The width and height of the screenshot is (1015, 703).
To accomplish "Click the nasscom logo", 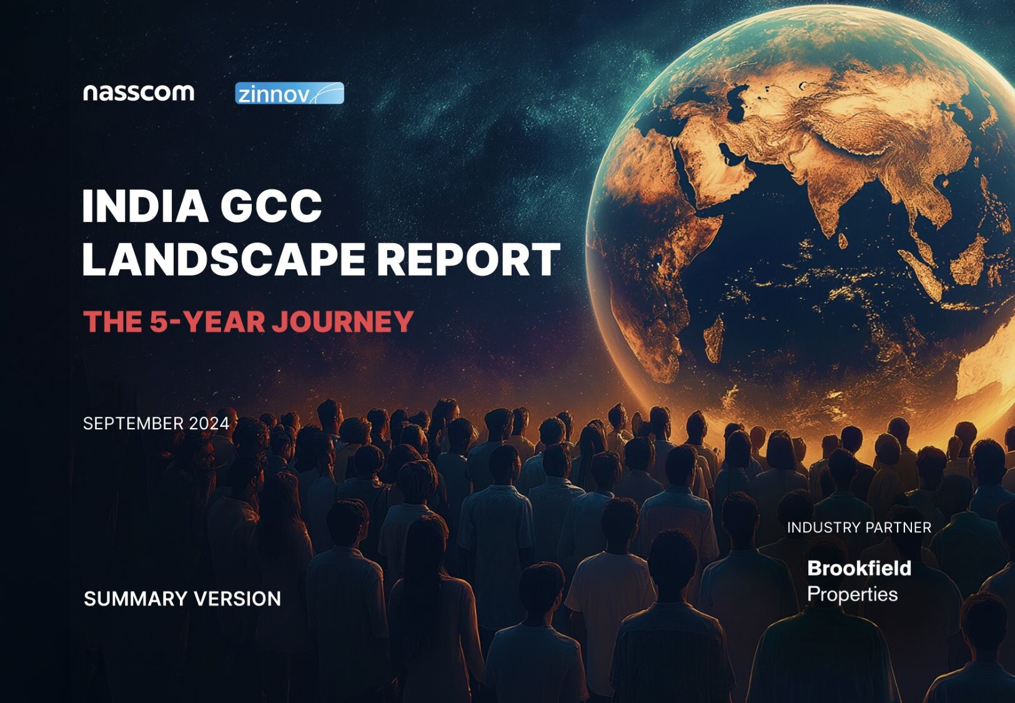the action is (x=139, y=92).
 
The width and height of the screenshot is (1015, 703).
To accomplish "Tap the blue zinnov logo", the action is (x=290, y=93).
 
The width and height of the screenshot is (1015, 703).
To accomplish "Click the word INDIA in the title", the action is (x=145, y=206).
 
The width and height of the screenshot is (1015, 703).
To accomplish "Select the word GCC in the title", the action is (x=271, y=206).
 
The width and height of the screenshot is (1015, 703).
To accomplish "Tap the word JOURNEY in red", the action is (x=342, y=321).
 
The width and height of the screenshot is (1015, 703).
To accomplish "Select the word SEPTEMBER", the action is (x=133, y=423).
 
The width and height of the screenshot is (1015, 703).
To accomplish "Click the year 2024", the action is (x=209, y=423).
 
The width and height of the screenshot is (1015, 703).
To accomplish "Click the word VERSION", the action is (x=238, y=599).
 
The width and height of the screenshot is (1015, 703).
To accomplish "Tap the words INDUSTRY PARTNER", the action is (x=859, y=527).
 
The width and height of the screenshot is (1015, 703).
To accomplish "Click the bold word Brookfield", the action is (x=859, y=569).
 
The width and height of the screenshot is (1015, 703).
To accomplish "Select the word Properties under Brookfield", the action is (x=853, y=594).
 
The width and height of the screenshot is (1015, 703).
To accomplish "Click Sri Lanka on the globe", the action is (x=843, y=241).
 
